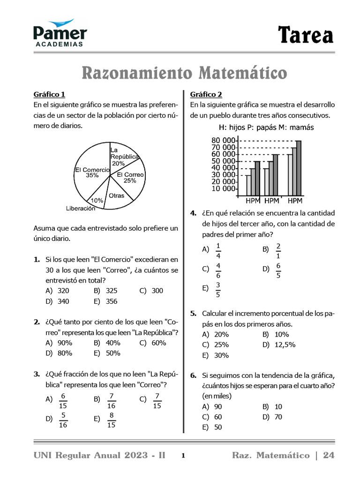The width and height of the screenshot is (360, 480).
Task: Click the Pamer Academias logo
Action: tap(60, 33)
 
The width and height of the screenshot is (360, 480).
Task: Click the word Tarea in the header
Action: tap(305, 36)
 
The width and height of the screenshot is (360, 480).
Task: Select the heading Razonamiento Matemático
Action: tap(184, 73)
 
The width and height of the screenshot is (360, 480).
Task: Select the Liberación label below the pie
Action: tap(80, 209)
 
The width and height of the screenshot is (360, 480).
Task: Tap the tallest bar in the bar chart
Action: tap(299, 168)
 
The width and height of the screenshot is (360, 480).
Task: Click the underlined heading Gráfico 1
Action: tap(49, 94)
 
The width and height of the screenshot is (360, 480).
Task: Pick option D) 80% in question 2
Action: tap(59, 353)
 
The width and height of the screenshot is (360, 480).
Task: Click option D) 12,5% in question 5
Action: tap(279, 345)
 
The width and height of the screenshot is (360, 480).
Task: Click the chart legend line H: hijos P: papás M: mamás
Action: tap(266, 127)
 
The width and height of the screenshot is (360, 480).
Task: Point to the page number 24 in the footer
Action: tap(329, 456)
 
